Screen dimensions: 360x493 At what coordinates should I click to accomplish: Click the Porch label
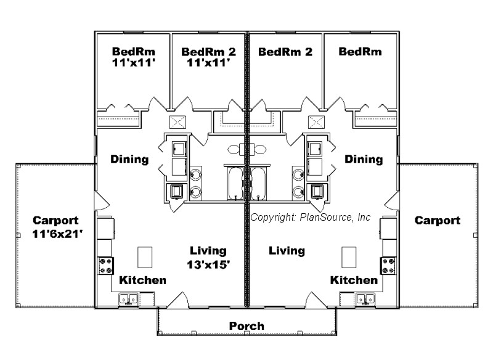[246, 325]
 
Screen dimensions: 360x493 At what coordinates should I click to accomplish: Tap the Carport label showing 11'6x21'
[55, 227]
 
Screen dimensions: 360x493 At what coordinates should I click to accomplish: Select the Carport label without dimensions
[437, 220]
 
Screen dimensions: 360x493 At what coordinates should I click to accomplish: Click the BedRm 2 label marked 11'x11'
[209, 57]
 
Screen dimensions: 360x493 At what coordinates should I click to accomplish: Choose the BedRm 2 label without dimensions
[285, 52]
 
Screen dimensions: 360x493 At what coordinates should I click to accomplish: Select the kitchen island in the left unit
[145, 256]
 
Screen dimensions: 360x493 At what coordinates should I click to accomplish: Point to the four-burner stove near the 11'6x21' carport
[104, 266]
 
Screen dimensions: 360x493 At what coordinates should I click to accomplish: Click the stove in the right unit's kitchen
[389, 266]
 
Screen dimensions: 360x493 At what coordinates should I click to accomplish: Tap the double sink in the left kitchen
[129, 299]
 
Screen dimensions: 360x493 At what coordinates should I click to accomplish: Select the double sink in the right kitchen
[364, 299]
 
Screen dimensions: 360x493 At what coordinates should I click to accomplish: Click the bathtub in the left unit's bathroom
[237, 184]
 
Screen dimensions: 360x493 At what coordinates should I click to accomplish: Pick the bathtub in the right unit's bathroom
[258, 184]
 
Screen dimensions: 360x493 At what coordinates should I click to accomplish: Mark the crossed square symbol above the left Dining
[177, 121]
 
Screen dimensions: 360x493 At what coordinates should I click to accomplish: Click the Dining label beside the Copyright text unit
[364, 159]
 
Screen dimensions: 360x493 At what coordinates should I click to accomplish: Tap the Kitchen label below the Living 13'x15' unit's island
[142, 280]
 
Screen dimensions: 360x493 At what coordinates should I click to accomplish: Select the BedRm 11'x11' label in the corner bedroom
[132, 57]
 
